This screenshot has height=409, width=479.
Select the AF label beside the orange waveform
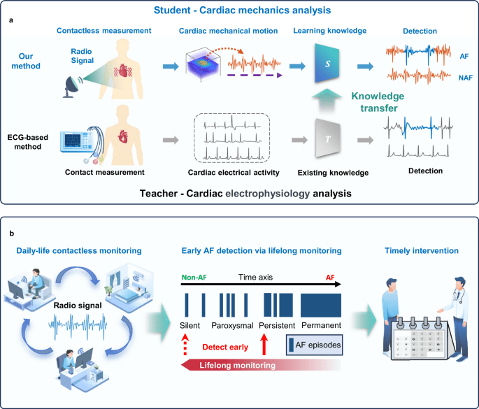pos(464,56)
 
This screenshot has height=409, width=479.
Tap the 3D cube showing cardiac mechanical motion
pos(207,69)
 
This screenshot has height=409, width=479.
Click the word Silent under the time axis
pos(190,325)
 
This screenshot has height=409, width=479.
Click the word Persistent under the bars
pos(275,325)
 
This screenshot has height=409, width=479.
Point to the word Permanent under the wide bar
pos(320,325)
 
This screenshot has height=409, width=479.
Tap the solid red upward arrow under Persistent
pos(264,344)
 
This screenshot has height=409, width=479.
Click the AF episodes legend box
pos(314,344)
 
